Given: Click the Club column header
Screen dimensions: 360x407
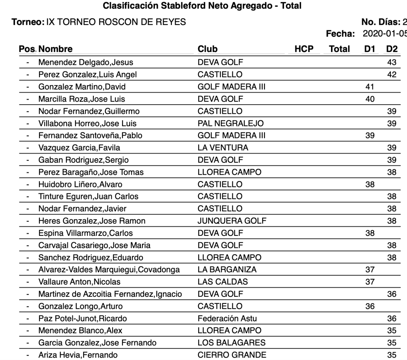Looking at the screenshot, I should click(x=208, y=49).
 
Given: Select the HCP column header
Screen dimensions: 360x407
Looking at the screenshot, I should click(x=304, y=49).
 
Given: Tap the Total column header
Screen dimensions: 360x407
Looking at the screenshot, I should click(x=339, y=49).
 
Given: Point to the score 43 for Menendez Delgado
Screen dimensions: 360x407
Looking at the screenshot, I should click(x=391, y=62).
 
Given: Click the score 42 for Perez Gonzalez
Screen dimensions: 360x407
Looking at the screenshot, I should click(x=391, y=74).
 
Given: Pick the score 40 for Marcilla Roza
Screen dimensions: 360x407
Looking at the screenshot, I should click(x=370, y=99).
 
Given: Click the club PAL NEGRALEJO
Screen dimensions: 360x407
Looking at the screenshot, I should click(x=230, y=123).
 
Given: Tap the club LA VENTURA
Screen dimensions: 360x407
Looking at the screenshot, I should click(x=223, y=148).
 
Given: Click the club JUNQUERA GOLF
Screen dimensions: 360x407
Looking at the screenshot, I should click(x=232, y=221).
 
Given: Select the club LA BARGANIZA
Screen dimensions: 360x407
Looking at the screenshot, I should click(x=227, y=270).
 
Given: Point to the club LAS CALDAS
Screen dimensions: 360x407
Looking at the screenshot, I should click(x=222, y=282).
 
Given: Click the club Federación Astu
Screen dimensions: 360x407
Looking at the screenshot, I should click(x=227, y=318).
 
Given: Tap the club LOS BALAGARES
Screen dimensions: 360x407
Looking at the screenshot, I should click(x=232, y=342).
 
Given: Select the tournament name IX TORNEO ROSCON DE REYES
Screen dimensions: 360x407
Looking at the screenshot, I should click(x=116, y=22).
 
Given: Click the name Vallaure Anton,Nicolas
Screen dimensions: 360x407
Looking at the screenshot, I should click(x=79, y=282).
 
